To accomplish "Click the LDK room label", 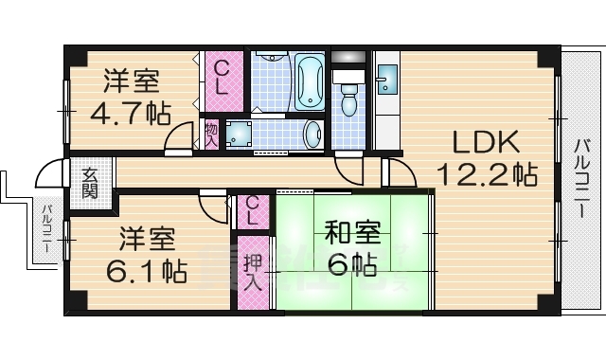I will tap(485, 142).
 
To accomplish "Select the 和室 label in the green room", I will tap(355, 230).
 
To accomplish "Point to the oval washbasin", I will tap(311, 135).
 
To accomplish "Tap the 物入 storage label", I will tap(211, 133).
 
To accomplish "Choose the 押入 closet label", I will tap(252, 272).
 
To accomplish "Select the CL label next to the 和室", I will tap(253, 209).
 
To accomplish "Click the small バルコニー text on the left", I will tap(45, 232).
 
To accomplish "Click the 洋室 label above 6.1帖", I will tap(145, 237).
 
